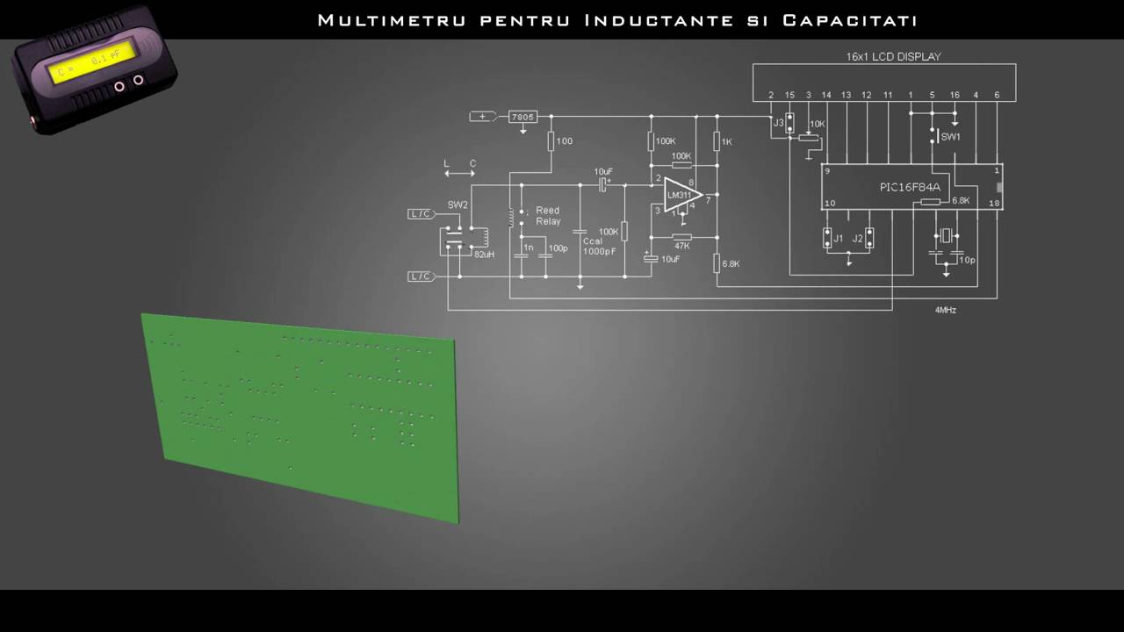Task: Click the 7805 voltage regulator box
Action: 522,117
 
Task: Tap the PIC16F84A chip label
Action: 910,187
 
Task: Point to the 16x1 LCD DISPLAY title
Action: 893,56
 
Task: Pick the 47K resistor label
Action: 681,247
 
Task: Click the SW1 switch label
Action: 950,137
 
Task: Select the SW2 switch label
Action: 458,205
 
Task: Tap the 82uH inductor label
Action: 484,255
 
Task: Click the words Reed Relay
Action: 548,216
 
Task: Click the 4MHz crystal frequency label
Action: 946,311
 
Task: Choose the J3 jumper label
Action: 778,123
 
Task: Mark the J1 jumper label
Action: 838,239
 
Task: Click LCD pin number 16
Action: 955,95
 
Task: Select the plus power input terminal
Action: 481,117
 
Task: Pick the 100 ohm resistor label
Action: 564,141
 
